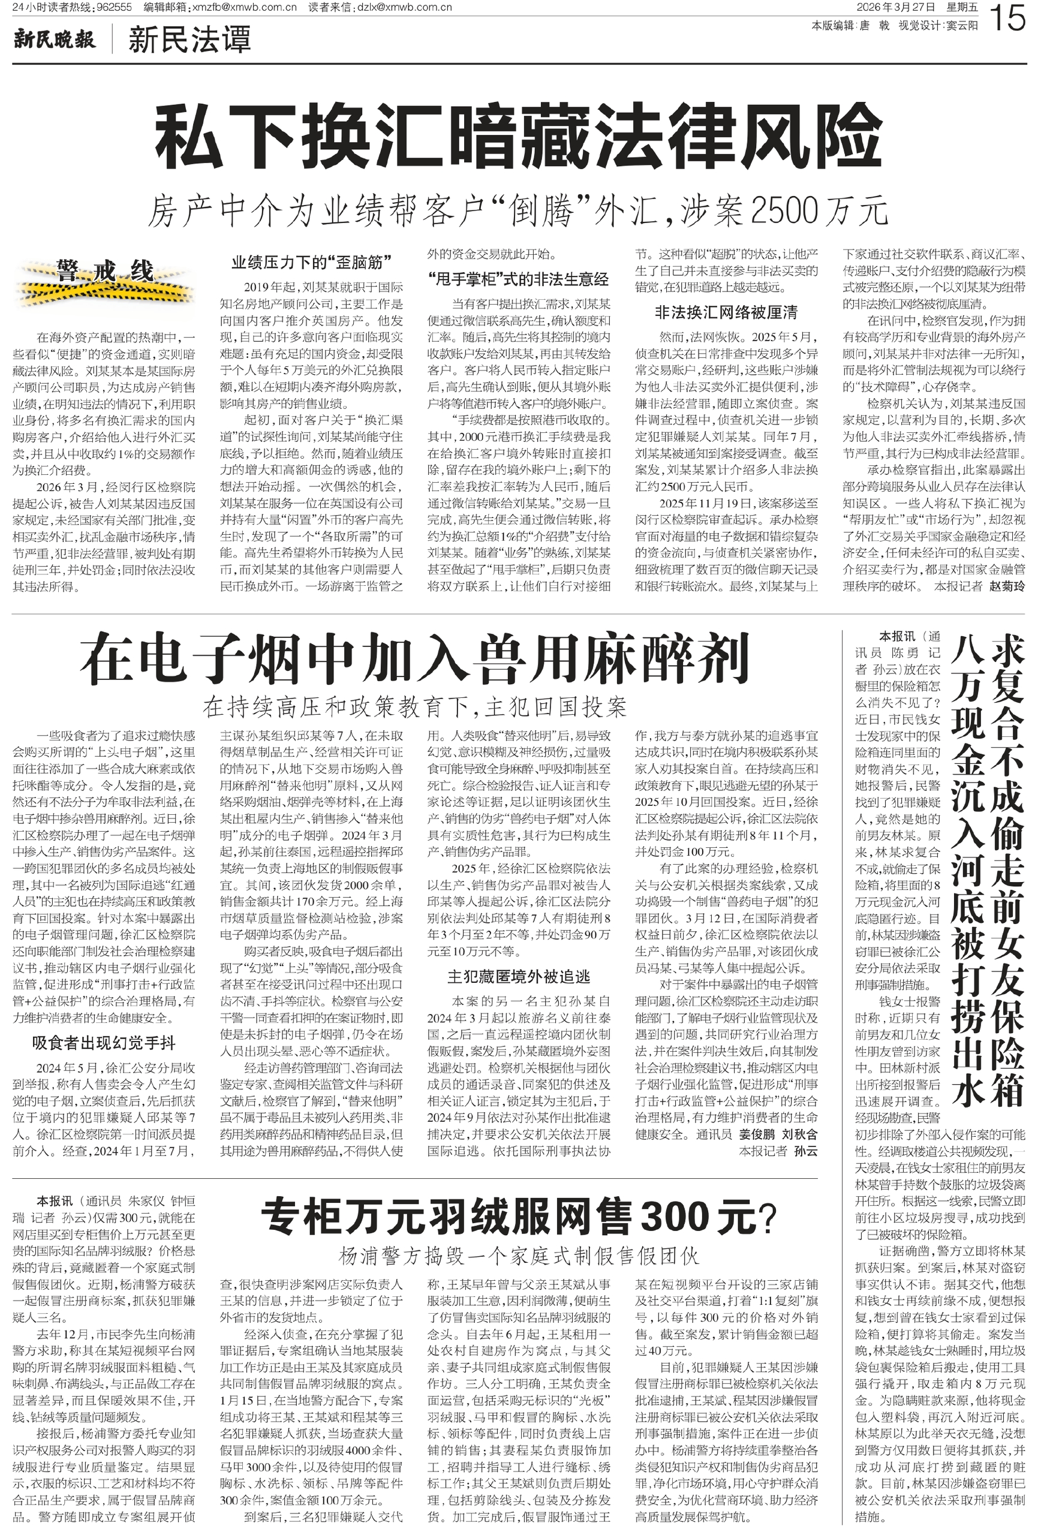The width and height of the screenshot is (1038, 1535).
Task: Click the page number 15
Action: coord(1008,17)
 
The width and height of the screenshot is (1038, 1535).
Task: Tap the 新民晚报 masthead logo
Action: coord(54,40)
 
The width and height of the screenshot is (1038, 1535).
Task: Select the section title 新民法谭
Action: coord(189,40)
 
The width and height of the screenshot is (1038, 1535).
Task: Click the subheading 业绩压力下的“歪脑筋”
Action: coord(311,262)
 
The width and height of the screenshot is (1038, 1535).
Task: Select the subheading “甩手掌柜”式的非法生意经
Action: coord(518,279)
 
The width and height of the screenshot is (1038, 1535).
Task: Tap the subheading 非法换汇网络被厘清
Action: coord(726,312)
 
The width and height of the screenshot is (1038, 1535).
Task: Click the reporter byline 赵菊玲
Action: coord(1006,586)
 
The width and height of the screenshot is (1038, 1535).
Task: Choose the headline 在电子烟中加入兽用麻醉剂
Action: coord(414,658)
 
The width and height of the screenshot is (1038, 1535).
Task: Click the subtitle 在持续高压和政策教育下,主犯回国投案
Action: coord(414,707)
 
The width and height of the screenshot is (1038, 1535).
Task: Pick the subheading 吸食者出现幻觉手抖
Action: coord(104,1043)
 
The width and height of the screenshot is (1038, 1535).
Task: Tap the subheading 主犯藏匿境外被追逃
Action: coord(518,976)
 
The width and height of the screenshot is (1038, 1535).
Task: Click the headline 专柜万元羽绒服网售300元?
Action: coord(518,1217)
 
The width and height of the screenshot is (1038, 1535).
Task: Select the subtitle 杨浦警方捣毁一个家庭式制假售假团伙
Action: coord(518,1256)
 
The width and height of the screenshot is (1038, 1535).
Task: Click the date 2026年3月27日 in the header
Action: coord(895,7)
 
